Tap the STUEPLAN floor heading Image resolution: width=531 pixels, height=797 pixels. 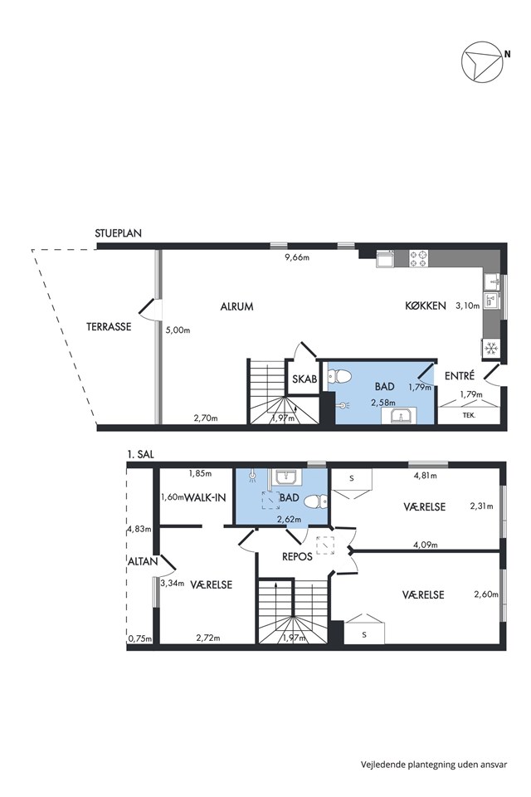pyautogui.click(x=118, y=233)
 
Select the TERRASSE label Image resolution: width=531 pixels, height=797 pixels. pyautogui.click(x=109, y=326)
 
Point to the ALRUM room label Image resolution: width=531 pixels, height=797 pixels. pyautogui.click(x=236, y=306)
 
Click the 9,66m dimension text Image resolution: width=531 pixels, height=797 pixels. pyautogui.click(x=297, y=257)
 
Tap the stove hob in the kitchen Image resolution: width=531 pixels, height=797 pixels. pyautogui.click(x=419, y=258)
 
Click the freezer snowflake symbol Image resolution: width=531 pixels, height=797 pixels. pyautogui.click(x=491, y=349)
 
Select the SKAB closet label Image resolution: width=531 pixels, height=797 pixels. pyautogui.click(x=304, y=379)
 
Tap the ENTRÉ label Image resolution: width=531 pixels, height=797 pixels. pyautogui.click(x=460, y=375)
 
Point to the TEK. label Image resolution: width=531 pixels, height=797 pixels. pyautogui.click(x=469, y=415)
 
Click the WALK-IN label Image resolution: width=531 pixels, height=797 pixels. pyautogui.click(x=205, y=497)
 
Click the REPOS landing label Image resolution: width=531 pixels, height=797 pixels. pyautogui.click(x=297, y=556)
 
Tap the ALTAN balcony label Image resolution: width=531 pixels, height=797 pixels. pyautogui.click(x=143, y=561)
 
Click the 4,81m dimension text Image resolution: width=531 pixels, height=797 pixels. pyautogui.click(x=426, y=476)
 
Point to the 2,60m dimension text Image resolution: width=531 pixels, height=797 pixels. pyautogui.click(x=485, y=594)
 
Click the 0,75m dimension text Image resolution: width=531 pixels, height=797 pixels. pyautogui.click(x=139, y=639)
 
